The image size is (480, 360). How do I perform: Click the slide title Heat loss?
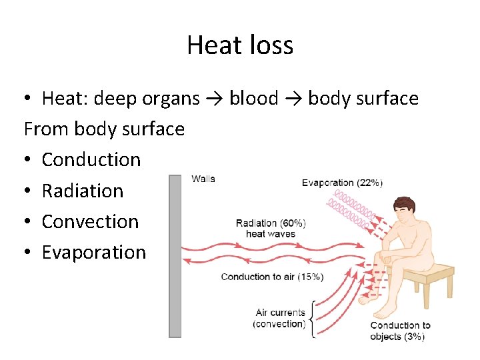pos(240,45)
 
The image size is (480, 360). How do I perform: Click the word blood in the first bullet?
pos(253,99)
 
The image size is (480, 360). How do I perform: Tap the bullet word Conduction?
pos(91,159)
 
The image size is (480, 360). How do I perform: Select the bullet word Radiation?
pos(83,191)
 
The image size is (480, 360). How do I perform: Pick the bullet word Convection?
pos(90,221)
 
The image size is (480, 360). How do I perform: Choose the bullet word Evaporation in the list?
pos(93,252)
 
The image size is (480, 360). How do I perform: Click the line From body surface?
pos(104,129)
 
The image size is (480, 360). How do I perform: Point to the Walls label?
pos(203,179)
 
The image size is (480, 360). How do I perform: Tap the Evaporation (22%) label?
pos(342,183)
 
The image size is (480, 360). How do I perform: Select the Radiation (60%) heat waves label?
pos(271,228)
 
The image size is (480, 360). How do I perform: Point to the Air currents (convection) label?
pos(280,318)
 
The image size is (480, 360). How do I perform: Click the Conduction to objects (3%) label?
pos(400,331)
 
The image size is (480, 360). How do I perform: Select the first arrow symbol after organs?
pos(215,99)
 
